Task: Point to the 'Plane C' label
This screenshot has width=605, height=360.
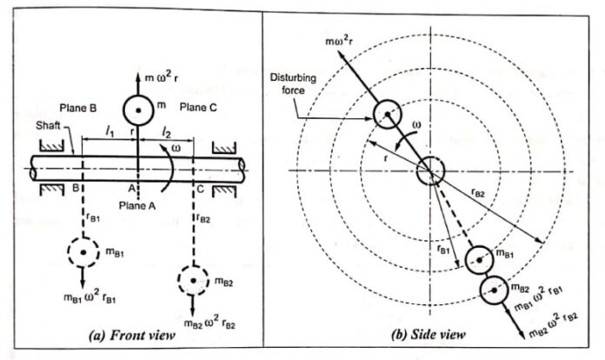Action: tap(201, 108)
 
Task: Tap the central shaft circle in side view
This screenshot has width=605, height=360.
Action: tap(429, 173)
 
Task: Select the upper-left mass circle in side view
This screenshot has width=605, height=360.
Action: tap(388, 112)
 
